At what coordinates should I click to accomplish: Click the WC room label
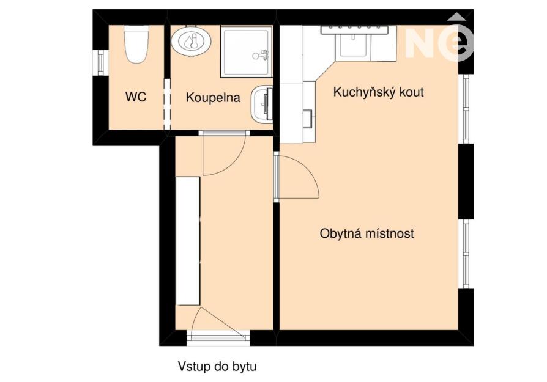[x=136, y=97]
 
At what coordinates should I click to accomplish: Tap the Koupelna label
[x=213, y=98]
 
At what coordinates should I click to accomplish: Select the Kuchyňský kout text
[x=379, y=92]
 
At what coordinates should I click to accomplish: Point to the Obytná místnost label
[x=367, y=233]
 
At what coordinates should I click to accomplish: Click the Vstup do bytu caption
[x=217, y=366]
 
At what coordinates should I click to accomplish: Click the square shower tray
[x=247, y=51]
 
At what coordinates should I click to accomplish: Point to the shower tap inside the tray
[x=261, y=55]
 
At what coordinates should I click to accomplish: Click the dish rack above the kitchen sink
[x=354, y=30]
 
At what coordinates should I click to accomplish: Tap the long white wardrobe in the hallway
[x=188, y=241]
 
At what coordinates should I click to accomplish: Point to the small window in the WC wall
[x=100, y=62]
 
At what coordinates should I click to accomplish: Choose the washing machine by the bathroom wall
[x=262, y=104]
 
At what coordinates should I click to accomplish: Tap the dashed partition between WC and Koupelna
[x=167, y=104]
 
